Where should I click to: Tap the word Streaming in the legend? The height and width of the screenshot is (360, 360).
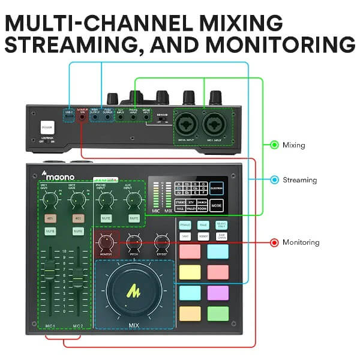(301, 179)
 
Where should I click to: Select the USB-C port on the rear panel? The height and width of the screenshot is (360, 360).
(69, 118)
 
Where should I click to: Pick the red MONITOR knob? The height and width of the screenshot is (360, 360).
(106, 242)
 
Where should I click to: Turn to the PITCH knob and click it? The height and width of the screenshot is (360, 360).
(134, 242)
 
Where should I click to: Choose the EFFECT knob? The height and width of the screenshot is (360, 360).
(161, 242)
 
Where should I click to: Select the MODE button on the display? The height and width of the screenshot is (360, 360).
(217, 205)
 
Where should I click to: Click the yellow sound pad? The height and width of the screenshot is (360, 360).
(189, 272)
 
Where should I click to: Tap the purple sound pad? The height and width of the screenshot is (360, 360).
(218, 293)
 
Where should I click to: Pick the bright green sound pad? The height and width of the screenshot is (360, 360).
(218, 313)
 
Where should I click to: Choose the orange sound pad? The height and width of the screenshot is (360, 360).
(189, 313)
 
